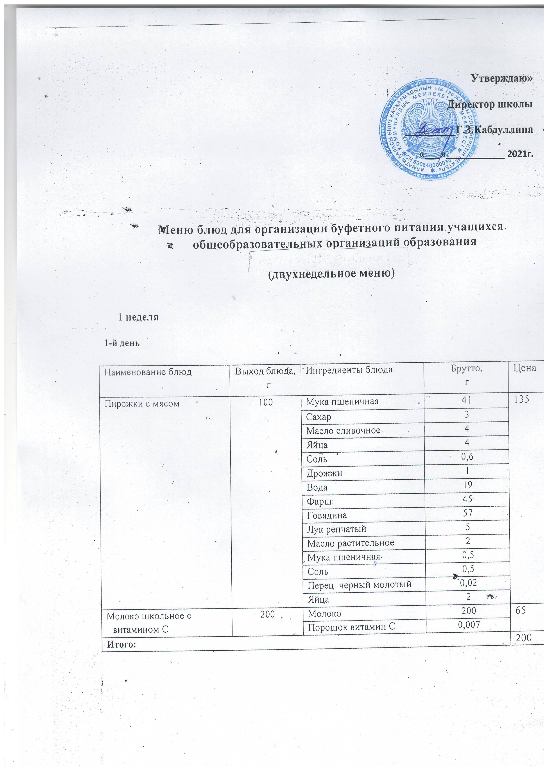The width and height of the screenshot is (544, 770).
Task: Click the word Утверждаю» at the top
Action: click(x=501, y=79)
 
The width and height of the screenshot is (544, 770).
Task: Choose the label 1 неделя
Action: click(x=138, y=317)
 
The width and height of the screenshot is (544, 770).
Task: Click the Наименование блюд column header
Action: click(x=148, y=372)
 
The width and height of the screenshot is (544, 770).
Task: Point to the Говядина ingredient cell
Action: click(x=327, y=515)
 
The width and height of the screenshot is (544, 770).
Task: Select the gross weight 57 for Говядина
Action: click(x=467, y=513)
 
